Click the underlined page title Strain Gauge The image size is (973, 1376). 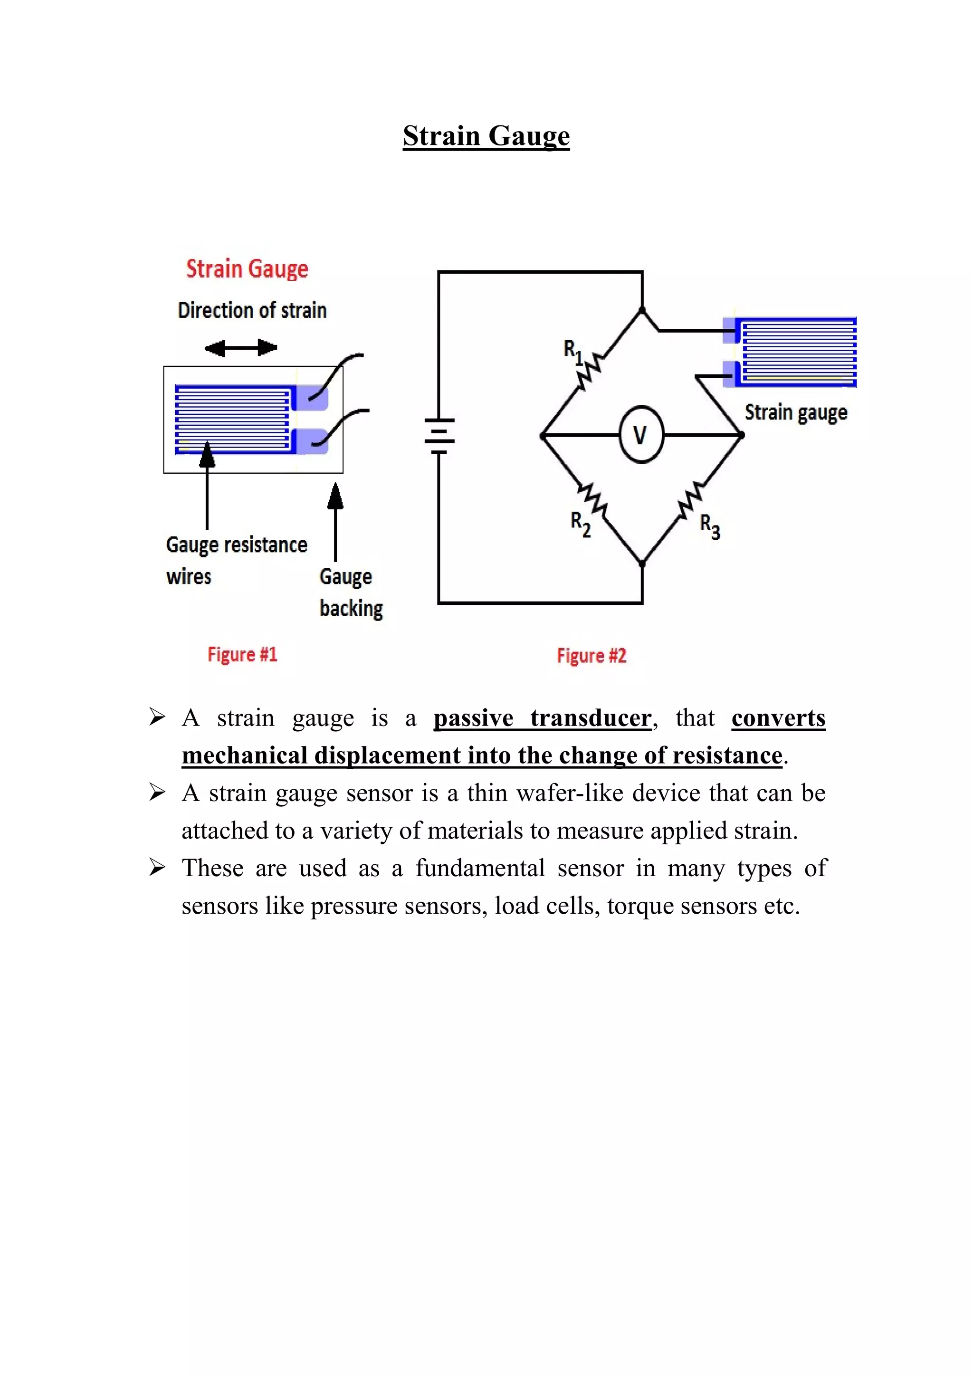pyautogui.click(x=486, y=135)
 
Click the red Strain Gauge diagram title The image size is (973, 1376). pyautogui.click(x=247, y=269)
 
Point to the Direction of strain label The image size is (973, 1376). pyautogui.click(x=252, y=310)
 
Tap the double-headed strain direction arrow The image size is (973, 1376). pyautogui.click(x=241, y=348)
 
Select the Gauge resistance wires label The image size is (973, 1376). pyautogui.click(x=236, y=560)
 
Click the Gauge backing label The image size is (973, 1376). pyautogui.click(x=351, y=592)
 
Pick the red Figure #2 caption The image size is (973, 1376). pyautogui.click(x=591, y=656)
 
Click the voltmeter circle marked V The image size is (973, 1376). pyautogui.click(x=641, y=435)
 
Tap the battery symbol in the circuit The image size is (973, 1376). pyautogui.click(x=439, y=436)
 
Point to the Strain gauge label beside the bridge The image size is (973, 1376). pyautogui.click(x=796, y=412)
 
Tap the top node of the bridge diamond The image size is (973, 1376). pyautogui.click(x=642, y=310)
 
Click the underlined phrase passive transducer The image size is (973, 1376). pyautogui.click(x=542, y=718)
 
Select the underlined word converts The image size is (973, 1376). pyautogui.click(x=778, y=718)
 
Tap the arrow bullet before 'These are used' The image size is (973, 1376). pyautogui.click(x=157, y=867)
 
